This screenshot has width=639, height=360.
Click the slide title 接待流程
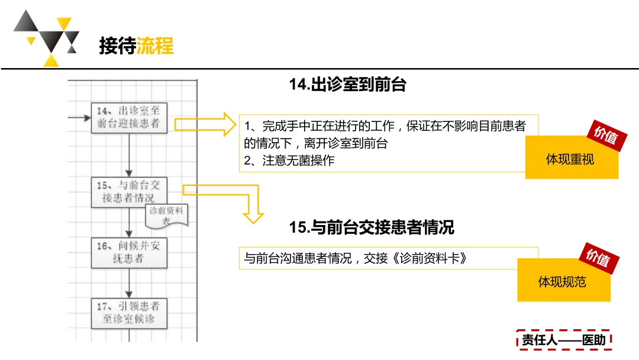(x=136, y=46)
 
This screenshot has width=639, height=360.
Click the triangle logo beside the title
(x=46, y=37)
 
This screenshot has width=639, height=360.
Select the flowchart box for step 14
(x=130, y=117)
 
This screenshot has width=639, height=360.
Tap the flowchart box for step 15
(x=130, y=191)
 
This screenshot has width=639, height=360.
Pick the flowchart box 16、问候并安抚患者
(x=130, y=252)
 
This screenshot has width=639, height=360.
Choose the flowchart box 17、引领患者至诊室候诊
(x=130, y=313)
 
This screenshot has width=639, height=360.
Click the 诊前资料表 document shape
(x=167, y=216)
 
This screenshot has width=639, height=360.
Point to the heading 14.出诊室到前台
(x=347, y=85)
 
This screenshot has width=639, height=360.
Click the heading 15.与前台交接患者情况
(x=372, y=227)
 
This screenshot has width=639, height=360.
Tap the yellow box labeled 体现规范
(x=563, y=281)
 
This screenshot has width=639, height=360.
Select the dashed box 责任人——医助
(x=563, y=340)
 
